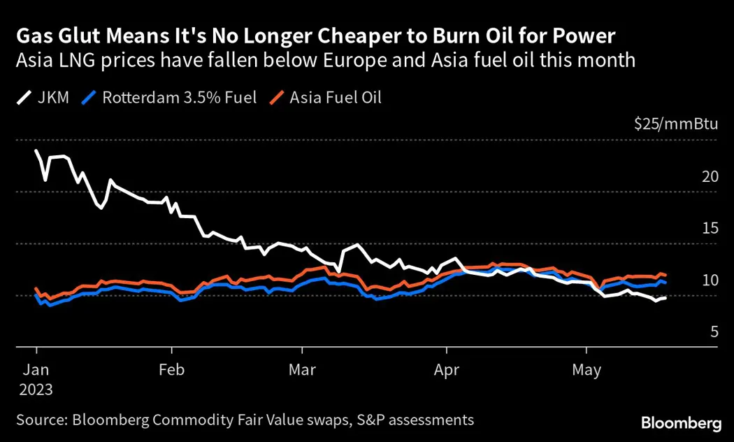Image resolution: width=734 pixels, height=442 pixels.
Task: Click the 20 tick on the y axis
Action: click(710, 176)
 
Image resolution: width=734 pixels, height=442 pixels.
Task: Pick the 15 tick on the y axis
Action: click(710, 228)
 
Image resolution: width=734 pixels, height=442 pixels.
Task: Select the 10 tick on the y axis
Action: click(710, 280)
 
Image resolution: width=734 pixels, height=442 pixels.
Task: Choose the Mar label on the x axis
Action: click(302, 370)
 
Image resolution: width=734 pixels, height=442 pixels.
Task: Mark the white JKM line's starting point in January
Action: click(36, 151)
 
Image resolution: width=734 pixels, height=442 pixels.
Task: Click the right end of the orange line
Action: click(665, 275)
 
